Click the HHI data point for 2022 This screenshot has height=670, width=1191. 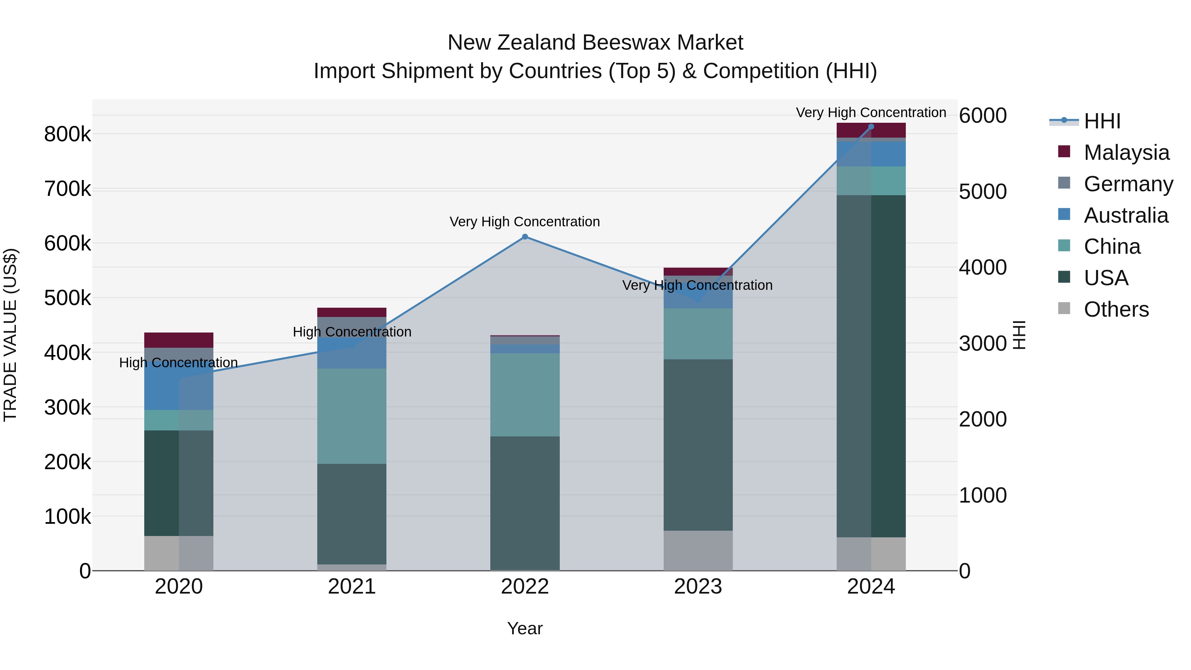pyautogui.click(x=525, y=237)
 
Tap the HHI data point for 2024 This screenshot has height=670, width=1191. pyautogui.click(x=871, y=127)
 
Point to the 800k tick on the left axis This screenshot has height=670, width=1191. pyautogui.click(x=67, y=135)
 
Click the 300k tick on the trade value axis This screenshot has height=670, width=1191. pyautogui.click(x=67, y=407)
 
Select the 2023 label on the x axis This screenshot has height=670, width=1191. pyautogui.click(x=698, y=587)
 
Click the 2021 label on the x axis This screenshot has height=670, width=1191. pyautogui.click(x=352, y=587)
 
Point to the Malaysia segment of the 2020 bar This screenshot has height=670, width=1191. pyautogui.click(x=178, y=340)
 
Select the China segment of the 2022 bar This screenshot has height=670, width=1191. pyautogui.click(x=525, y=395)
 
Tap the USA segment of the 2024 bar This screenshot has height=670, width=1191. pyautogui.click(x=871, y=366)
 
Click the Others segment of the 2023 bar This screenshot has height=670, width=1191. pyautogui.click(x=698, y=550)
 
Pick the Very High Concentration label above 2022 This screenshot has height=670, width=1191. pyautogui.click(x=525, y=222)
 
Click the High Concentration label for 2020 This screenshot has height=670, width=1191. pyautogui.click(x=178, y=363)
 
